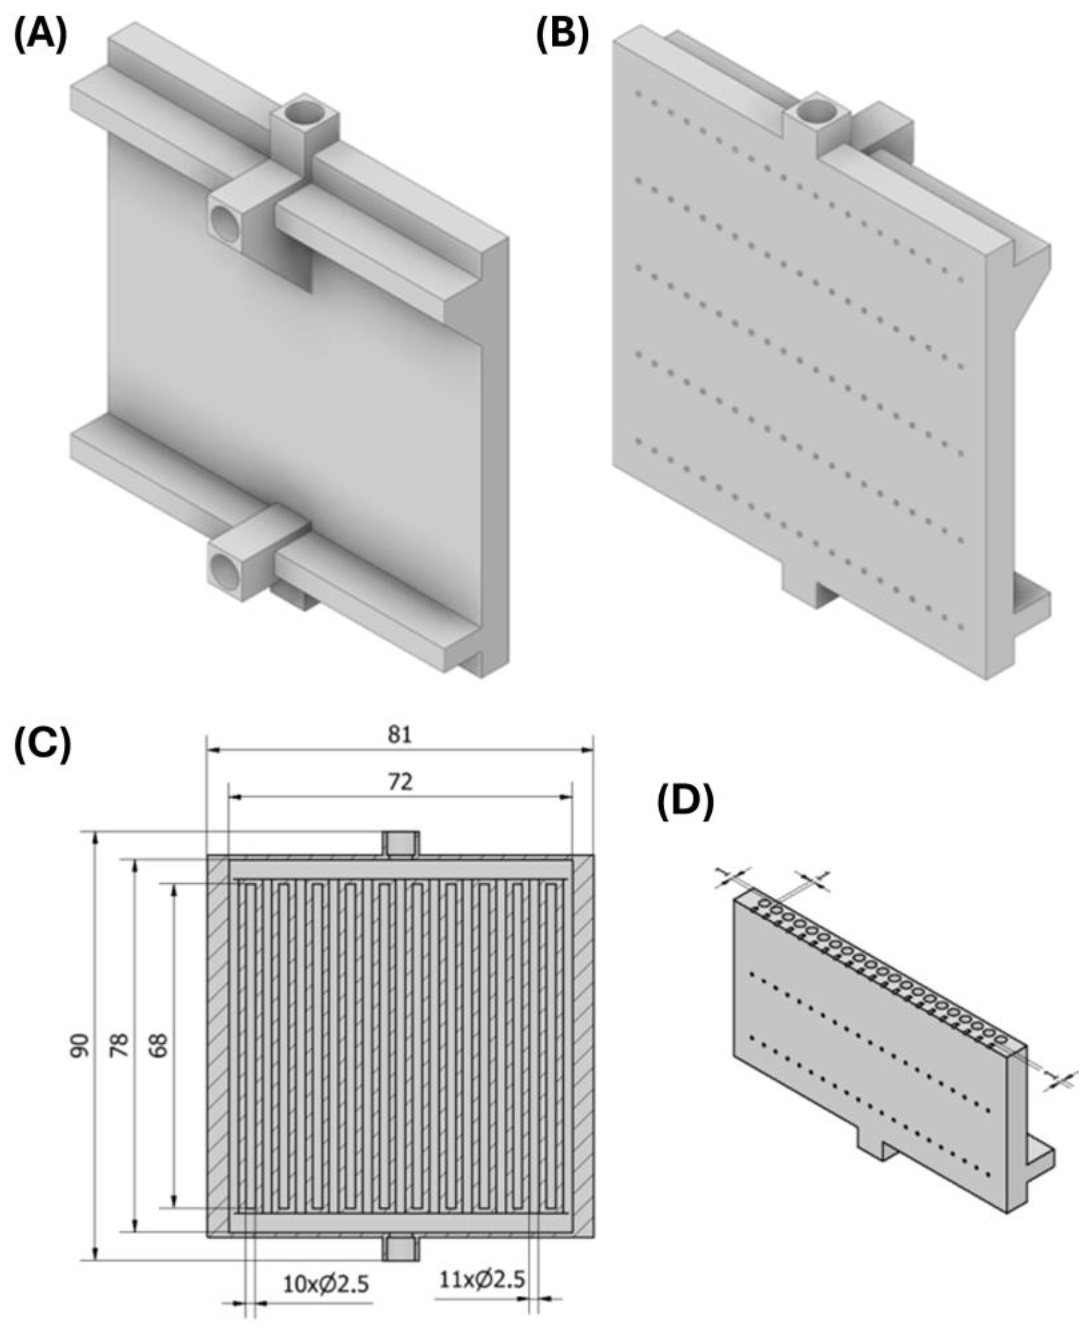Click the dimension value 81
[399, 734]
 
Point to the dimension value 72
[399, 782]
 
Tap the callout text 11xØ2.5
[481, 1275]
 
